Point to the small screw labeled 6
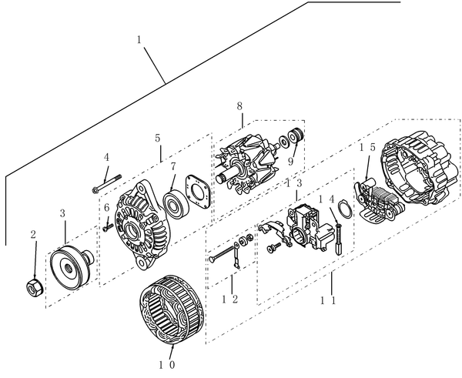point(107,226)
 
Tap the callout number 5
point(157,139)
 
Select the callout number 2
point(33,233)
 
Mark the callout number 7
point(173,166)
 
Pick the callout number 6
point(106,208)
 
